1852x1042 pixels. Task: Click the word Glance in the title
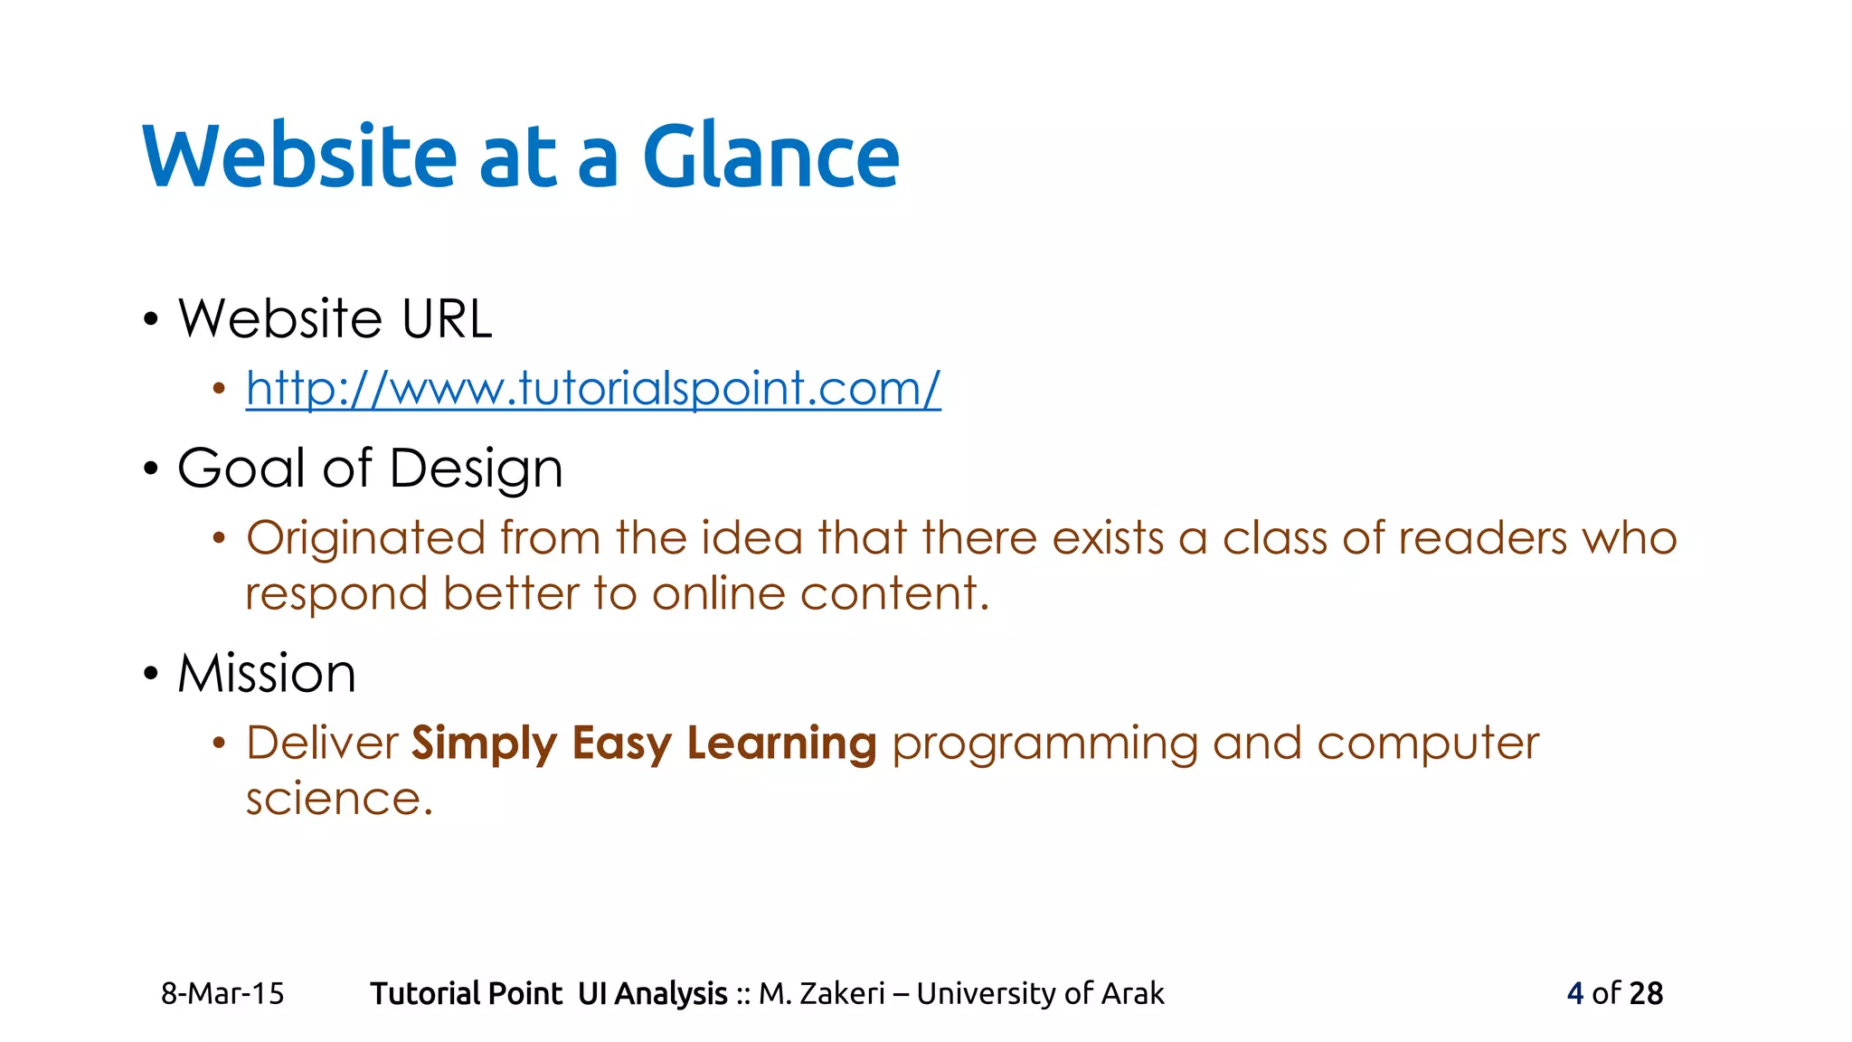click(770, 156)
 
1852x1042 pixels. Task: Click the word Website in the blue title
click(299, 156)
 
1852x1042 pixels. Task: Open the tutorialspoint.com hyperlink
click(593, 389)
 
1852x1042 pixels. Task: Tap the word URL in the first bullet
click(447, 319)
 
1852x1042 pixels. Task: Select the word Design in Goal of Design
click(476, 469)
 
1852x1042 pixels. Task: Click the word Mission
click(267, 674)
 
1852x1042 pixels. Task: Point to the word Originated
click(365, 538)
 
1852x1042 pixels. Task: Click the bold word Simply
click(484, 744)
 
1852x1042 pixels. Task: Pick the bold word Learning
click(781, 744)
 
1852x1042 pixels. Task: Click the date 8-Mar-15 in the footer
click(222, 993)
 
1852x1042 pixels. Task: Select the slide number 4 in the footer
click(1574, 993)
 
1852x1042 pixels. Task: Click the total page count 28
click(1646, 993)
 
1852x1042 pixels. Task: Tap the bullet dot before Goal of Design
click(151, 469)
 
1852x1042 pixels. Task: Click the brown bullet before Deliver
click(218, 744)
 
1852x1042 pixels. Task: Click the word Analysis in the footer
click(670, 993)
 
